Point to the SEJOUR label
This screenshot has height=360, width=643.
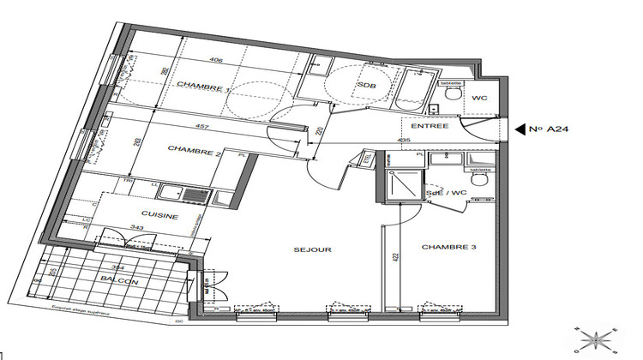[312, 250]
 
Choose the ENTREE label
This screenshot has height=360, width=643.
[430, 126]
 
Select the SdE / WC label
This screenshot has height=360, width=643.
[447, 193]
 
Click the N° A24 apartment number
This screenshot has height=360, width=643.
[550, 129]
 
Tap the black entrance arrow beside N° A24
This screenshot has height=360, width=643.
[520, 129]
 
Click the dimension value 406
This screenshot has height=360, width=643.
[216, 60]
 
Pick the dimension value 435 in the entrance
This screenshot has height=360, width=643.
[404, 140]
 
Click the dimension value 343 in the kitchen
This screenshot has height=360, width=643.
[136, 227]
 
